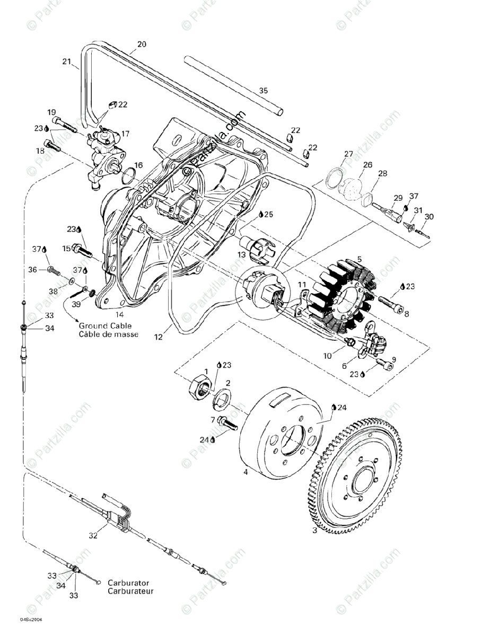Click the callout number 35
point(264,90)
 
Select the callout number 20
point(142,44)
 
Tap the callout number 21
point(66,62)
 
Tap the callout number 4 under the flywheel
point(245,471)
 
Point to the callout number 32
point(93,535)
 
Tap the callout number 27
point(348,154)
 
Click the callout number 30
point(429,216)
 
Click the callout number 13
point(242,255)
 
